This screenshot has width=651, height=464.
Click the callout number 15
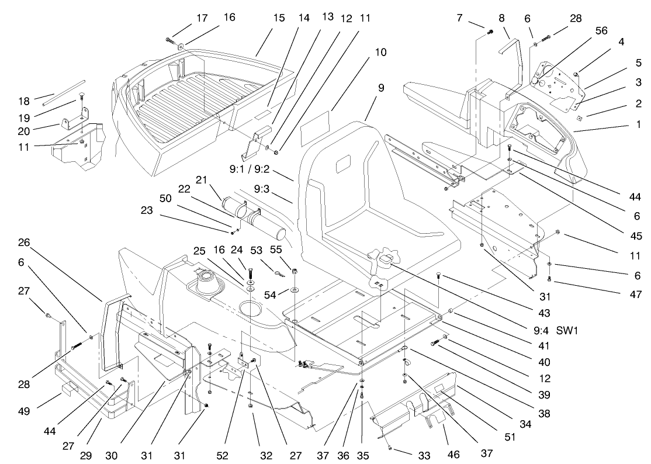[x=279, y=18]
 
